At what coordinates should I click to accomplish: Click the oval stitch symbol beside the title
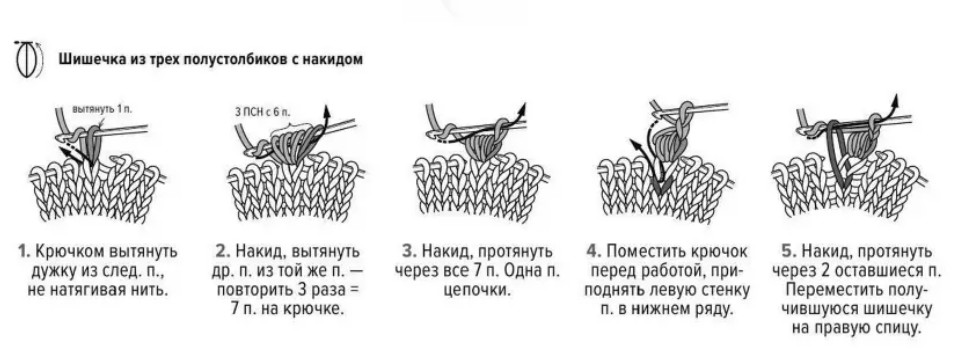pos(26,60)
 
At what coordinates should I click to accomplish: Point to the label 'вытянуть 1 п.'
pos(102,109)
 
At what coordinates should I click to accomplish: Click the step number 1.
pos(23,251)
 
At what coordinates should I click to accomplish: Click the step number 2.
pos(222,251)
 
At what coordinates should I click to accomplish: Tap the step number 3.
pos(409,251)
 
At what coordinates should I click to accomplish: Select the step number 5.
pos(789,251)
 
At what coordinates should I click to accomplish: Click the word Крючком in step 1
pos(70,252)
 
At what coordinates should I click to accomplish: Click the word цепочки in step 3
pos(476,289)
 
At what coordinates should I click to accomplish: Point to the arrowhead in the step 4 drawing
pos(634,145)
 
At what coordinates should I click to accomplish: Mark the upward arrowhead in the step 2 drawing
pos(326,111)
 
